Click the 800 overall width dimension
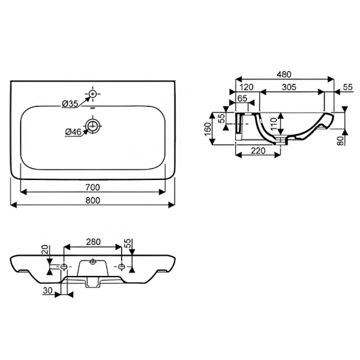(x=93, y=200)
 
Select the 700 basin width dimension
(x=93, y=187)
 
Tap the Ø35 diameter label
(x=70, y=104)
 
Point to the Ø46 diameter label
(x=73, y=132)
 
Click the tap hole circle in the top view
(x=92, y=94)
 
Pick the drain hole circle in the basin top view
(x=93, y=126)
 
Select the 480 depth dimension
(x=284, y=74)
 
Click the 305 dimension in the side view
(x=289, y=87)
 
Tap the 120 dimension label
(x=246, y=87)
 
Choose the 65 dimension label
(x=242, y=98)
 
